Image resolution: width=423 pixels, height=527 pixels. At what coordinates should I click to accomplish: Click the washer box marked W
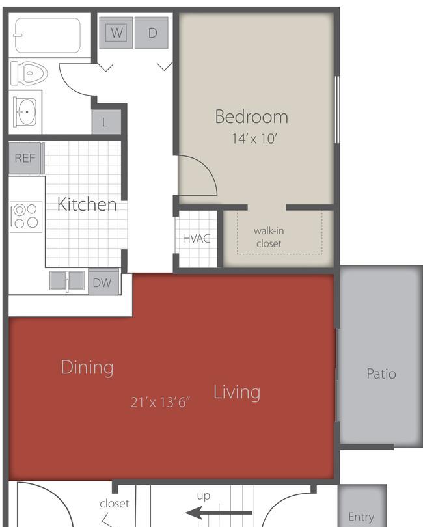pyautogui.click(x=116, y=33)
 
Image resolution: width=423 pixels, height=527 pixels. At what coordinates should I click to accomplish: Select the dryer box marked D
pyautogui.click(x=153, y=33)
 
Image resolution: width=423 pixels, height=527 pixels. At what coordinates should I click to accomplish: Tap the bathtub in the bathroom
pyautogui.click(x=48, y=35)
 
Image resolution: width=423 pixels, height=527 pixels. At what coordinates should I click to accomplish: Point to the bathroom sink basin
pyautogui.click(x=27, y=112)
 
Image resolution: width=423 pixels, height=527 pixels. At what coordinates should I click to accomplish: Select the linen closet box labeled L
pyautogui.click(x=105, y=122)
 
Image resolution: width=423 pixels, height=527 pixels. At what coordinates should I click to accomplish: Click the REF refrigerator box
pyautogui.click(x=25, y=158)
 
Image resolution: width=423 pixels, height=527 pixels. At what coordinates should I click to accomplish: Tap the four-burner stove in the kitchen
pyautogui.click(x=27, y=217)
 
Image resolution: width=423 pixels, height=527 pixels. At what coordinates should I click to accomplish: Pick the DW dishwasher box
pyautogui.click(x=102, y=282)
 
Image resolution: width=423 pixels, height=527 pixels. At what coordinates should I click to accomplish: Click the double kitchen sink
pyautogui.click(x=68, y=282)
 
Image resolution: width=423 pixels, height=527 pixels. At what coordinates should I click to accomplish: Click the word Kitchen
pyautogui.click(x=87, y=204)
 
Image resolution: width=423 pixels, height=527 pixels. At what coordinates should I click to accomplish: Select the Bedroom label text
pyautogui.click(x=251, y=117)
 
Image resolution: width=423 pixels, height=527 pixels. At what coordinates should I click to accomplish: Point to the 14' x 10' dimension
pyautogui.click(x=254, y=139)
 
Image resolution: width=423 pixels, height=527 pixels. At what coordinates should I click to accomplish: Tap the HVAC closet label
pyautogui.click(x=196, y=239)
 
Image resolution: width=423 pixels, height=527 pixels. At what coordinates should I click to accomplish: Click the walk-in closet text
pyautogui.click(x=269, y=237)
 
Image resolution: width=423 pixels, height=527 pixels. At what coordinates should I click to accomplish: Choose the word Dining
pyautogui.click(x=87, y=368)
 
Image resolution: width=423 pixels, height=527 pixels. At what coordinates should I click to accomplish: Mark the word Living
pyautogui.click(x=237, y=392)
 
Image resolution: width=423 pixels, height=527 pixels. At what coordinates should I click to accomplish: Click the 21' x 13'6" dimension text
pyautogui.click(x=159, y=402)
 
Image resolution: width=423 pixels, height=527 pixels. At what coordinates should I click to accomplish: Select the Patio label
pyautogui.click(x=381, y=374)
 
